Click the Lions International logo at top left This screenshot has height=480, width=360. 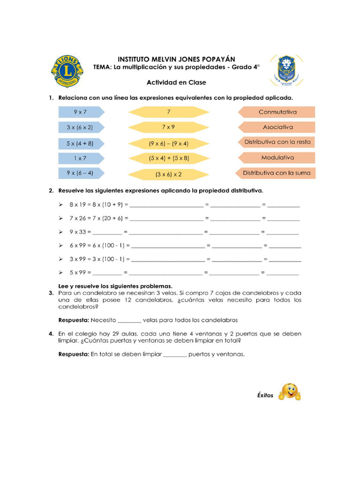67,71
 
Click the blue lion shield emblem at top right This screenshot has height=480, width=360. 286,71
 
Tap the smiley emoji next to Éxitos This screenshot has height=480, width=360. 289,392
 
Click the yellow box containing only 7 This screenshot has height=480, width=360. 169,112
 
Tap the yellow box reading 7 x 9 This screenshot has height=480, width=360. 169,127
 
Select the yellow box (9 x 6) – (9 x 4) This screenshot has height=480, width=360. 169,143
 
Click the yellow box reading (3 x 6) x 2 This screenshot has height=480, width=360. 169,174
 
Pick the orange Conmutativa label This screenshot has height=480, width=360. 277,112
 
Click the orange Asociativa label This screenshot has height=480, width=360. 277,127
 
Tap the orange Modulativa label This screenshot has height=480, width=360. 277,158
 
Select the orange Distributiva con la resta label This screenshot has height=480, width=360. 277,142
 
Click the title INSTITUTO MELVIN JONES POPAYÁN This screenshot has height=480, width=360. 176,60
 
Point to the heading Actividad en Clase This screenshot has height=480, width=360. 176,82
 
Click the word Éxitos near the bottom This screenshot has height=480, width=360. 265,395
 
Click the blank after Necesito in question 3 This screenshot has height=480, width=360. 129,321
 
